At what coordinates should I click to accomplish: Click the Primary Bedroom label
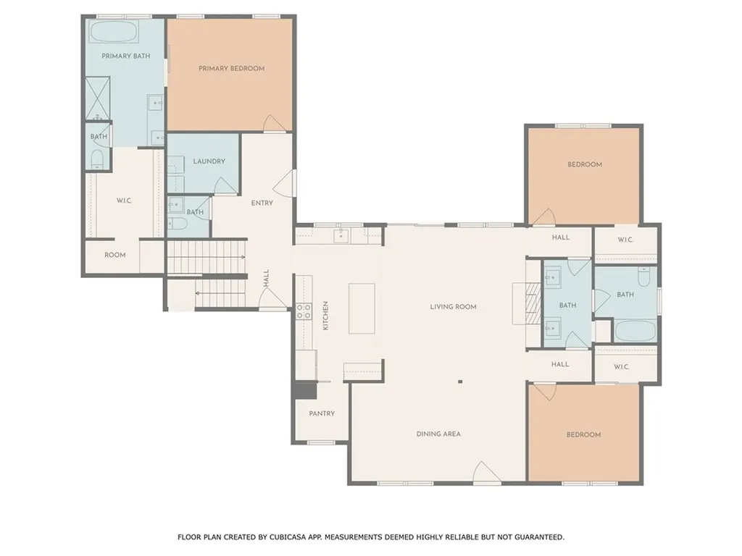pyautogui.click(x=231, y=69)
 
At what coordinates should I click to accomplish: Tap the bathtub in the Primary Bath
pyautogui.click(x=114, y=32)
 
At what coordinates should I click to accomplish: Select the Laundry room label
pyautogui.click(x=209, y=161)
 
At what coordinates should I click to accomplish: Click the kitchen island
pyautogui.click(x=362, y=308)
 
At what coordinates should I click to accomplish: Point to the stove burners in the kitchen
pyautogui.click(x=304, y=311)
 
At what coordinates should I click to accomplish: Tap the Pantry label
pyautogui.click(x=322, y=413)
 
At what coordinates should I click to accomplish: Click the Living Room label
pyautogui.click(x=453, y=307)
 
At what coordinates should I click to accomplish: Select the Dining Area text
pyautogui.click(x=438, y=434)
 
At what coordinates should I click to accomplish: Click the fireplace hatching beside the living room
pyautogui.click(x=534, y=303)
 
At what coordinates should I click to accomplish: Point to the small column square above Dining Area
pyautogui.click(x=460, y=382)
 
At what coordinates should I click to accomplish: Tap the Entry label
pyautogui.click(x=262, y=203)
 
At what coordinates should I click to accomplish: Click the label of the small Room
pyautogui.click(x=115, y=255)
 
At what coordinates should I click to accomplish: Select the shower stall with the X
pyautogui.click(x=98, y=98)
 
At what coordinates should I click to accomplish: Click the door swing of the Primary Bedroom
pyautogui.click(x=275, y=123)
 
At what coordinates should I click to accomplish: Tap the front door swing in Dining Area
pyautogui.click(x=486, y=473)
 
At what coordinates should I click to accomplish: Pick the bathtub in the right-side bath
pyautogui.click(x=635, y=331)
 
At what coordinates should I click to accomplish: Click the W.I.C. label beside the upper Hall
pyautogui.click(x=625, y=240)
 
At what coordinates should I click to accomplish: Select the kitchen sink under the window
pyautogui.click(x=341, y=235)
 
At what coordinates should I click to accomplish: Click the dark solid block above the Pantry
pyautogui.click(x=305, y=390)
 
